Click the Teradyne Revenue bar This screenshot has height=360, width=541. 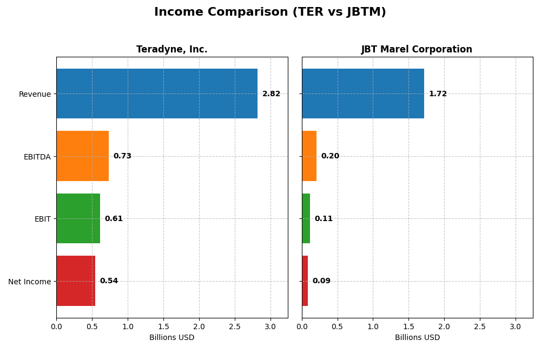click(157, 94)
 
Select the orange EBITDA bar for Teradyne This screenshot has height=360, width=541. click(82, 156)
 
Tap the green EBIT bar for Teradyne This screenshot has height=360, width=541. click(78, 218)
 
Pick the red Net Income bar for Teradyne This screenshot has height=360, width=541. click(76, 281)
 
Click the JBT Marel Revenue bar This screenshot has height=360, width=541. click(363, 94)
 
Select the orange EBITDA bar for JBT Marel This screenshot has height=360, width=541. click(309, 156)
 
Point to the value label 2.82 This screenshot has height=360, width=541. click(271, 94)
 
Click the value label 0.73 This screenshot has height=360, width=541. click(122, 156)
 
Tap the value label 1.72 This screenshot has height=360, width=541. click(438, 94)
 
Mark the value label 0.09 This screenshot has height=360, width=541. click(321, 281)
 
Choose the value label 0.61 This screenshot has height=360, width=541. click(114, 219)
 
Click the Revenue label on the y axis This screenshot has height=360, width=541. click(35, 94)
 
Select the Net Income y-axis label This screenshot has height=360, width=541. click(29, 282)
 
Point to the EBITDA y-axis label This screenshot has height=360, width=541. click(37, 157)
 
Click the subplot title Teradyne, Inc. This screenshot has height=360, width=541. click(171, 50)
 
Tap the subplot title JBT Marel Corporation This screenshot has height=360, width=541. click(417, 50)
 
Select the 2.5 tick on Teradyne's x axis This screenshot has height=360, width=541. click(235, 326)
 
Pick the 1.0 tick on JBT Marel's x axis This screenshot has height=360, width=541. click(373, 326)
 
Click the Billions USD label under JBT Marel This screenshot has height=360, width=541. click(417, 338)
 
